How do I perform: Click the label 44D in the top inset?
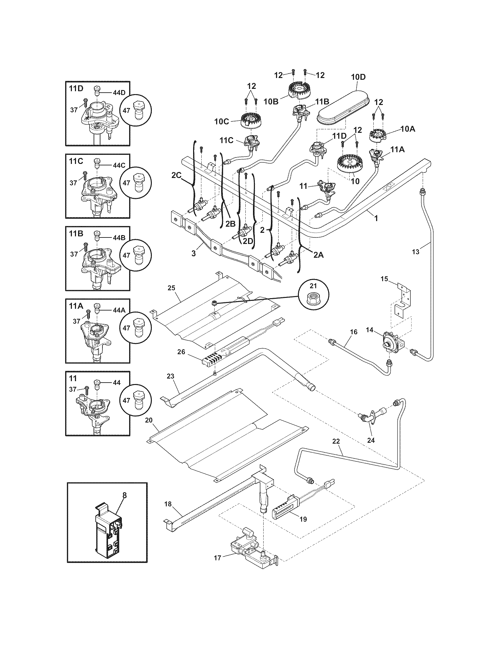(119, 92)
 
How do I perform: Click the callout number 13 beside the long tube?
(415, 252)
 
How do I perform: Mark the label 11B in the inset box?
(76, 233)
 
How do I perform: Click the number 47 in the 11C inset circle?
(127, 183)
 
